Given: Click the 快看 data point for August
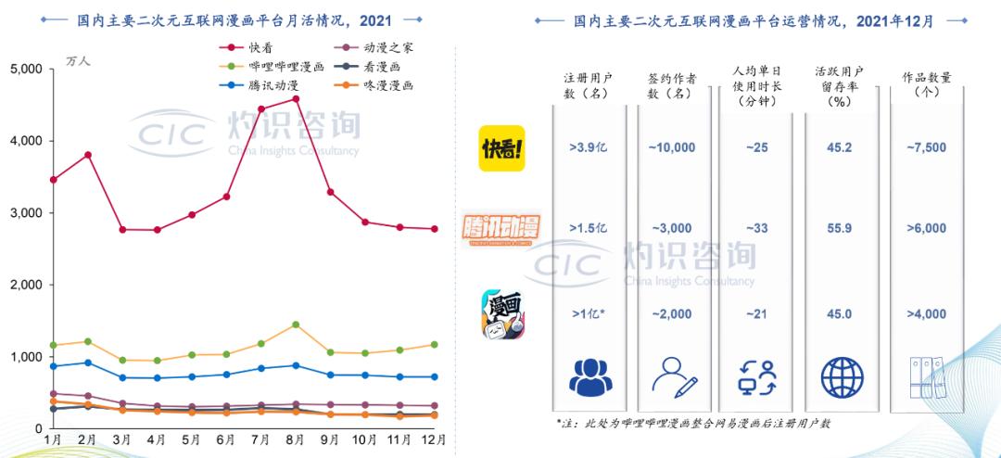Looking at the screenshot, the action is coord(296,98).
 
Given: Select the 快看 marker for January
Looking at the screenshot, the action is coord(53,180).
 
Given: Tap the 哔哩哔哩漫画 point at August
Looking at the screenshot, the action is coord(296,324).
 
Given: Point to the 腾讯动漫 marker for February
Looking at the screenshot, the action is coord(87,363).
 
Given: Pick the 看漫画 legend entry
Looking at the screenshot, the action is coord(364,66).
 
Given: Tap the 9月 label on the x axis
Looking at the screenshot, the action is coord(330,440).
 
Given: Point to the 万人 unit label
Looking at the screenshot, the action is coord(79,61).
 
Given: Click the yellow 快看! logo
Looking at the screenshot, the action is coord(501,148).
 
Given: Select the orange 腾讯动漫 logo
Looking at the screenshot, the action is coord(501,227).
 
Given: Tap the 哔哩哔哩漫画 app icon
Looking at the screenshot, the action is coord(503,314).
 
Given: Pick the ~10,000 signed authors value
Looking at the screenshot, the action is coord(672,147).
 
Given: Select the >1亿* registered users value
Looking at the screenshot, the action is coord(588,314).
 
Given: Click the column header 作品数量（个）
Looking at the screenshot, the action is coord(927,84).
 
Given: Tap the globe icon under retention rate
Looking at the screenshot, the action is coord(842,377).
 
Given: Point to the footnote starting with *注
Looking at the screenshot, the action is coord(693,424).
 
